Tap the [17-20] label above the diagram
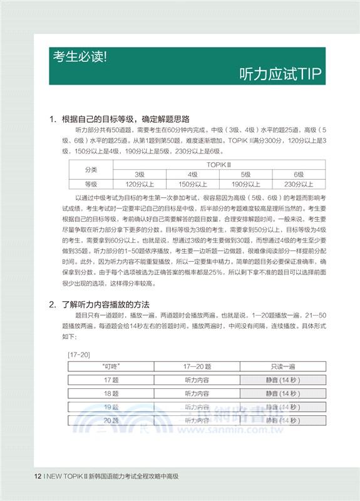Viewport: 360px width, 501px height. coord(78,354)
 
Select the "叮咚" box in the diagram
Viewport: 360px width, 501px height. coord(111,366)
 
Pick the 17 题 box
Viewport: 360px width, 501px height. coord(111,380)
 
